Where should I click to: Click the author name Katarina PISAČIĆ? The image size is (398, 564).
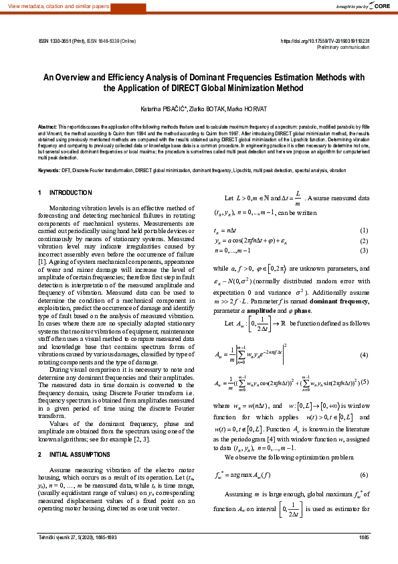click(163, 109)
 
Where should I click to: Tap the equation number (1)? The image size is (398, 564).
click(365, 230)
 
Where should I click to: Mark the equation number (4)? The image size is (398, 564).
click(365, 354)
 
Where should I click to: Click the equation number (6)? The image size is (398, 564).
click(365, 456)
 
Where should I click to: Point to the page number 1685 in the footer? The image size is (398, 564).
click(364, 556)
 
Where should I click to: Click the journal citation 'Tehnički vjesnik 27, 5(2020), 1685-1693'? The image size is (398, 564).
click(77, 556)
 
